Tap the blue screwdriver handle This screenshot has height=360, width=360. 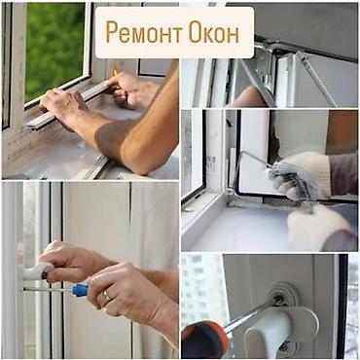coord(79,290)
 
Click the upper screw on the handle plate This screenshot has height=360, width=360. coord(283,290)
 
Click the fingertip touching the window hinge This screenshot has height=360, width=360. coord(251,96)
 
